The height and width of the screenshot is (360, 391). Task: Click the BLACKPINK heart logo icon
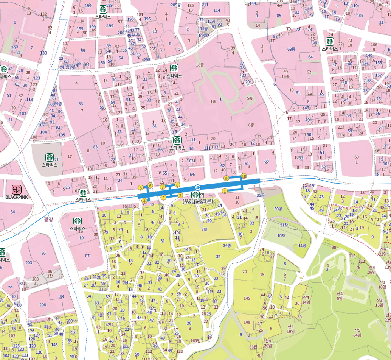coord(17,190)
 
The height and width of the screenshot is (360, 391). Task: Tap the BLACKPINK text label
coord(17,197)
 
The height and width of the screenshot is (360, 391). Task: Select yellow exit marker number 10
coord(244,176)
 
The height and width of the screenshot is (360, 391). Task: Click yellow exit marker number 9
coord(226,178)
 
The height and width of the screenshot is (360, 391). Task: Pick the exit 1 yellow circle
coord(225,191)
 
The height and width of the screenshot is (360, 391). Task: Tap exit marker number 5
coord(141,188)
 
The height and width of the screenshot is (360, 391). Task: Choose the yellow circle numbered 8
coord(177,185)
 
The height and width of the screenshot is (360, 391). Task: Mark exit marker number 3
coord(163,198)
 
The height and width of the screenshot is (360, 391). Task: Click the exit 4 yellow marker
coord(144,201)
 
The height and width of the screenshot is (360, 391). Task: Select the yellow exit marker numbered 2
coord(180,195)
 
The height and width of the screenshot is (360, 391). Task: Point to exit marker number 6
coord(150,185)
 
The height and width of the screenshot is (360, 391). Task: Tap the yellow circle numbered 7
coord(163,187)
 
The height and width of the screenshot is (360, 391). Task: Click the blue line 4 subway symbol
coord(197,187)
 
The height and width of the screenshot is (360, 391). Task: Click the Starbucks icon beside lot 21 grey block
coord(49,157)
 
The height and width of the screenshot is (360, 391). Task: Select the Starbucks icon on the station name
coord(195,195)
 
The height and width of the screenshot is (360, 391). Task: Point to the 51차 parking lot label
coord(284,225)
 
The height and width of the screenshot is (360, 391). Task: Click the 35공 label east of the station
coord(260,195)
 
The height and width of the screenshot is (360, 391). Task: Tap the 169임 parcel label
coord(195,341)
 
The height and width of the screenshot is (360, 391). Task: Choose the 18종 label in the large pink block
coord(200,65)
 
